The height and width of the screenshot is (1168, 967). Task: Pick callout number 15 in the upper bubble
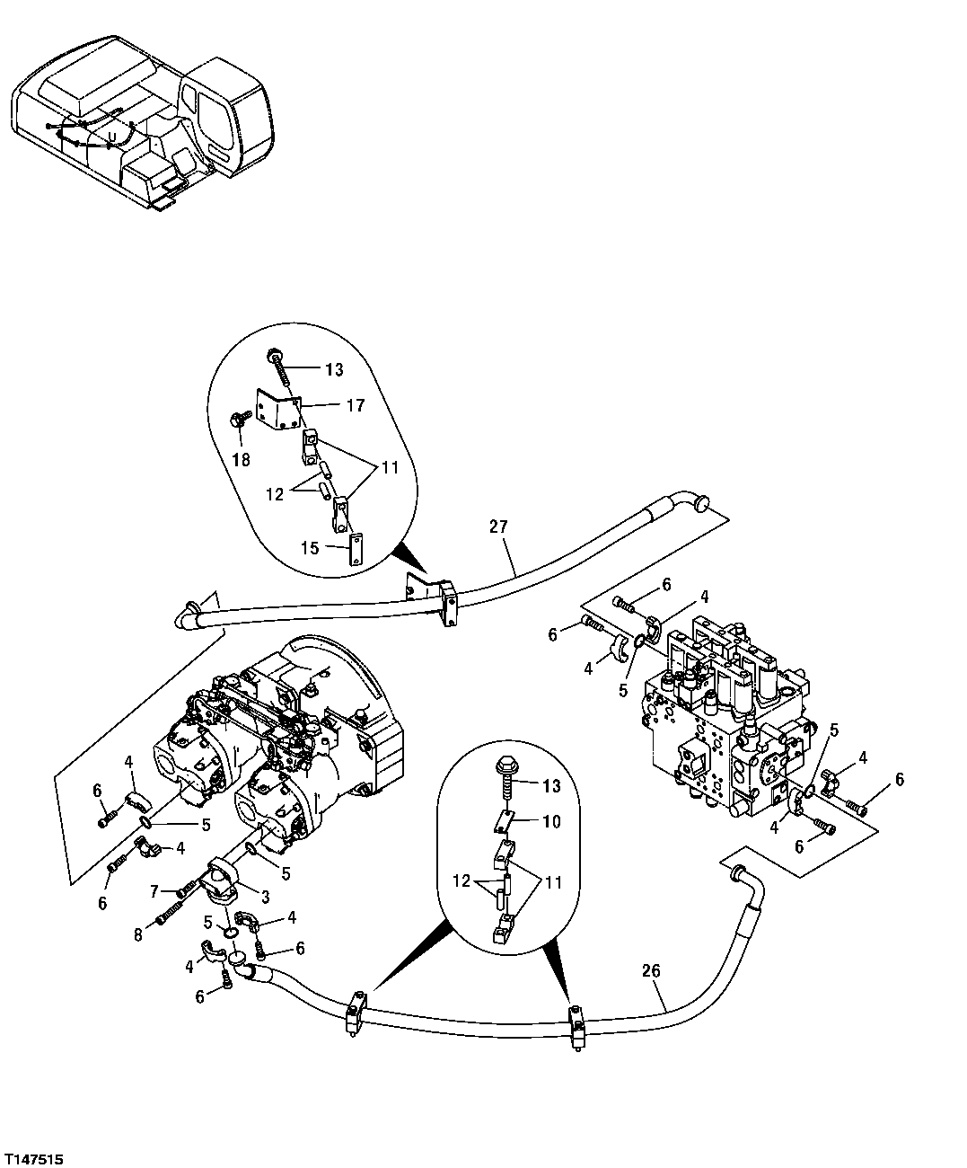tap(309, 547)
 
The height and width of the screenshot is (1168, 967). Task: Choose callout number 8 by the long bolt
tap(138, 934)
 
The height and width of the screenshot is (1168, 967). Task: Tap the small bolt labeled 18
tap(240, 418)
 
